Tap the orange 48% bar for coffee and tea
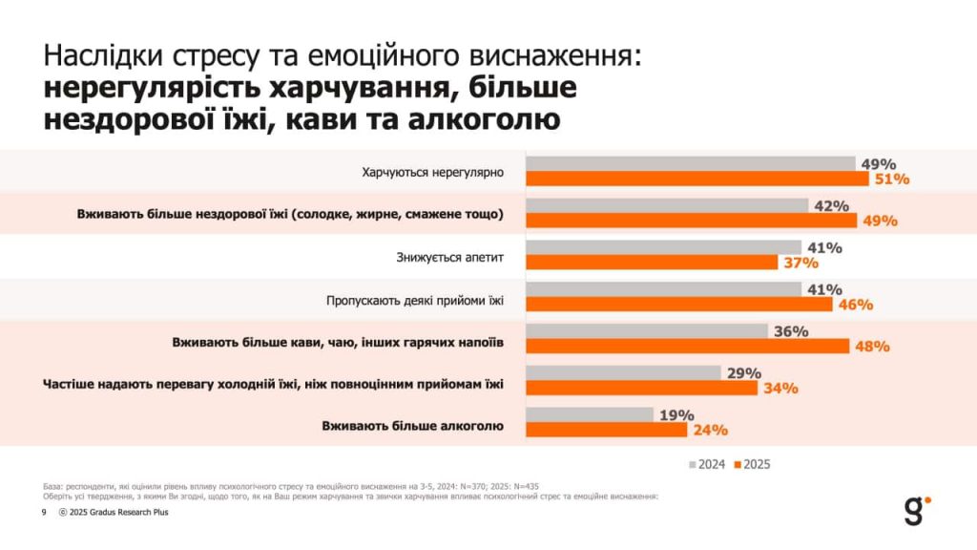pos(687,346)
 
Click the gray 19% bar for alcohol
pos(590,414)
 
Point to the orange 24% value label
pos(711,430)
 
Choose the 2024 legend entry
pos(707,464)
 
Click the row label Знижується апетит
pos(448,256)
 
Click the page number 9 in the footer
pos(43,512)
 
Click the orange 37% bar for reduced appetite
pos(651,263)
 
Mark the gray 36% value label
pos(791,331)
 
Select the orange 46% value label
pos(856,305)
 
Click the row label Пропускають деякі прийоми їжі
pos(414,300)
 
